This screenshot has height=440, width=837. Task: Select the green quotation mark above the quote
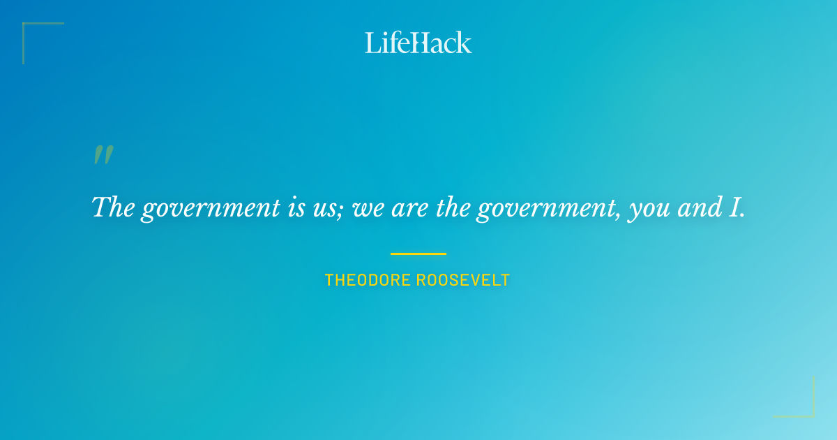103,155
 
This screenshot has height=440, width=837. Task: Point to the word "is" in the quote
295,207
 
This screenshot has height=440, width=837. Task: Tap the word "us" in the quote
327,209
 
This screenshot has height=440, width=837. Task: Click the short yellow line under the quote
418,254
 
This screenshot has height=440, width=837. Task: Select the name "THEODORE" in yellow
368,281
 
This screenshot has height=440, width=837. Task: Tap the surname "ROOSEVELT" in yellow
463,281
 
